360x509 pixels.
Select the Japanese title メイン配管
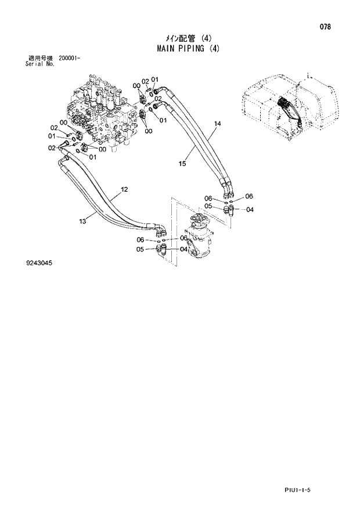coord(168,39)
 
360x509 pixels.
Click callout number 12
coord(124,189)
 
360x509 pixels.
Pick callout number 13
coord(82,220)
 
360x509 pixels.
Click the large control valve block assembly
coord(105,110)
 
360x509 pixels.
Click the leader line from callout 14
coord(208,133)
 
